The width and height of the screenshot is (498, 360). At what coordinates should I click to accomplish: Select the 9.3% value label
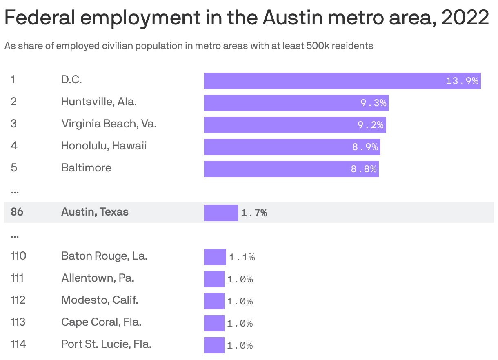(x=373, y=103)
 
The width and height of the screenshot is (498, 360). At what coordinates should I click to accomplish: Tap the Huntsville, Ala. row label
(x=99, y=101)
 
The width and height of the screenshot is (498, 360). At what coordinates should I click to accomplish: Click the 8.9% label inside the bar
(x=365, y=147)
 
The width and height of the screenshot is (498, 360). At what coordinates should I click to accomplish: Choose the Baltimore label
(x=86, y=168)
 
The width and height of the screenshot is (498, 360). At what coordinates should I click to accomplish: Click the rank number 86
(x=17, y=212)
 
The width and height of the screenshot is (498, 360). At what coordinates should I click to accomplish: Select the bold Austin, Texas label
(x=95, y=212)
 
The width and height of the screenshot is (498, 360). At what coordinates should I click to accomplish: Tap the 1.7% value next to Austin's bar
(x=254, y=213)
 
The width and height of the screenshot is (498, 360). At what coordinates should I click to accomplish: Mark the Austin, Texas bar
(x=221, y=213)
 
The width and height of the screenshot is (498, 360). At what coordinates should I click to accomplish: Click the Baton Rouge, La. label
(x=104, y=256)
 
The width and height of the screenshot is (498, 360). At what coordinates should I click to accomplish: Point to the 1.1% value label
(x=242, y=257)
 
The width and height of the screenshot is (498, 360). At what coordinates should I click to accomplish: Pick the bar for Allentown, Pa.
(x=214, y=279)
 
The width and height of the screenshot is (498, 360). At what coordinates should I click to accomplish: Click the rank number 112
(x=18, y=300)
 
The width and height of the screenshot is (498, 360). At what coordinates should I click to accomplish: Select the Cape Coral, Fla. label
(x=101, y=322)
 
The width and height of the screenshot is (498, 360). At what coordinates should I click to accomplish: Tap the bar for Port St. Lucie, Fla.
(x=214, y=345)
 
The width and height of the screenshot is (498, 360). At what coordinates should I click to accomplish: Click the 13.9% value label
(x=462, y=81)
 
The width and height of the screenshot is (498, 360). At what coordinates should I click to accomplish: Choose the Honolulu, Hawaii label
(x=104, y=146)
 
